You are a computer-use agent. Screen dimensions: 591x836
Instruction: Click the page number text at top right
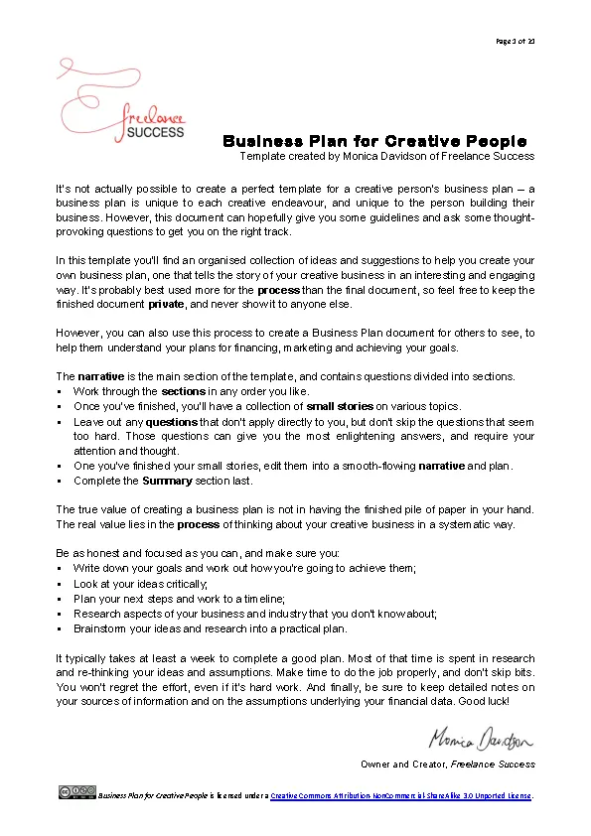click(x=515, y=41)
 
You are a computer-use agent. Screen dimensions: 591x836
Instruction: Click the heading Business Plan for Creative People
click(x=374, y=141)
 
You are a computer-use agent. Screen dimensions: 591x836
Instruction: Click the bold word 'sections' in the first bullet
click(x=183, y=391)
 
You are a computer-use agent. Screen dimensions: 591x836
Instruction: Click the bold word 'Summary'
click(x=167, y=481)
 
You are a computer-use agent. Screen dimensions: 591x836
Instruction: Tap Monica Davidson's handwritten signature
click(x=482, y=740)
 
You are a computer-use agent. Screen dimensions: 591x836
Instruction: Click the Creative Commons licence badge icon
click(x=77, y=791)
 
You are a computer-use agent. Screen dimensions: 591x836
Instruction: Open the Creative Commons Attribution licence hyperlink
click(x=401, y=795)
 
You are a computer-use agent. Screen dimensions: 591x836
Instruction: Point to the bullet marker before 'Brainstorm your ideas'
click(x=60, y=628)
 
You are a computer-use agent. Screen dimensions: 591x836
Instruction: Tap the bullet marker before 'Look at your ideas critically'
click(x=60, y=584)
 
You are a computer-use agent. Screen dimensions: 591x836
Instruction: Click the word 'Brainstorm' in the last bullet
click(x=99, y=628)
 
